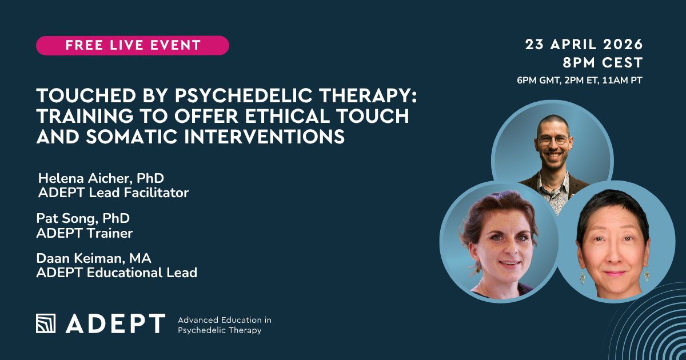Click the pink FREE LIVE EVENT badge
point(133,46)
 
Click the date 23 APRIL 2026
point(584,45)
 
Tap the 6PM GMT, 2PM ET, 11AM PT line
point(580,80)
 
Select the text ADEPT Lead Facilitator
point(113,193)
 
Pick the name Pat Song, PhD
point(82,218)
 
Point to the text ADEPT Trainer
point(85,233)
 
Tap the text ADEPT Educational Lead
point(117,273)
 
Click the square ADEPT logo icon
point(47,323)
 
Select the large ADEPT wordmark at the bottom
point(115,323)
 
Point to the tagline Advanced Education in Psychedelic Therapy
point(225,325)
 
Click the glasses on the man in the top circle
point(552,139)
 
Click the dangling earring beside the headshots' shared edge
point(582,278)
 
